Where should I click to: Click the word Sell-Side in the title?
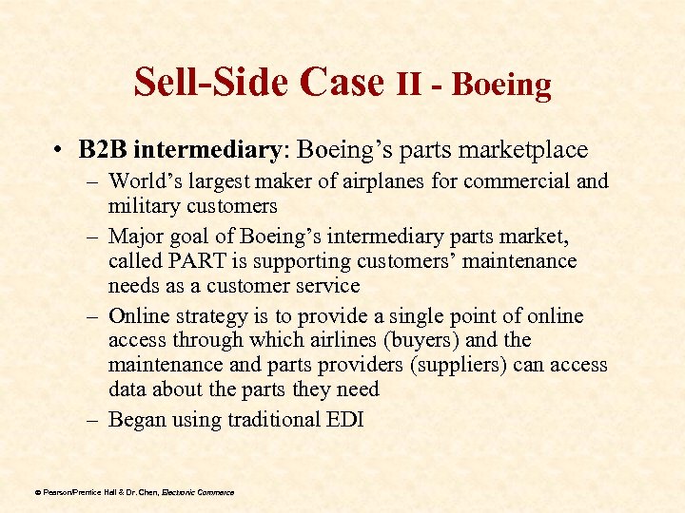(x=210, y=83)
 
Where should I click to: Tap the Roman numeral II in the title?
(x=409, y=84)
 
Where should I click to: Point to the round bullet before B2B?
(x=59, y=151)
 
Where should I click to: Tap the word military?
(x=144, y=205)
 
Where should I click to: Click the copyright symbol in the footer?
(x=37, y=492)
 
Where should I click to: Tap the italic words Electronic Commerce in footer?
(x=197, y=492)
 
